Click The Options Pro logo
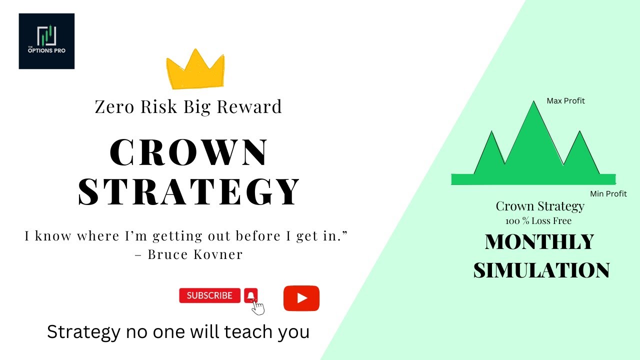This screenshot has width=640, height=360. point(46,41)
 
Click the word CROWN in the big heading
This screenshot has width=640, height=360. point(189,153)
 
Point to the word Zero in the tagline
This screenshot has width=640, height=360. point(113,107)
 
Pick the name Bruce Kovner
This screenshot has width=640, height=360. point(195,254)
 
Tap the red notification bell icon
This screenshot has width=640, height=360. point(251,295)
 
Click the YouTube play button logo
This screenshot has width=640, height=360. point(301,298)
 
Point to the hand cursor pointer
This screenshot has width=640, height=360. point(258,307)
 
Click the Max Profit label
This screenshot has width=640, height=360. point(565,101)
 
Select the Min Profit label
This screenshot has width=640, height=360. point(608,194)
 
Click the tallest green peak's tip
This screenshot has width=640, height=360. point(532,101)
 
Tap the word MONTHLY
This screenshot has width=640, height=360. point(539,242)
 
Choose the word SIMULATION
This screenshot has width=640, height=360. point(541,270)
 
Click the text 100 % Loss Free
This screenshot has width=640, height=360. point(538,221)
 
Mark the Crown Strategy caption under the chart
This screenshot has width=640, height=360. point(540,206)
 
